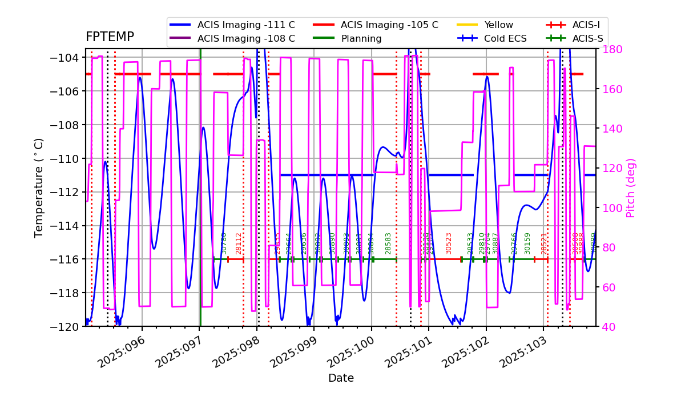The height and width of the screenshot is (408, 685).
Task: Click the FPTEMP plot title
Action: tap(110, 37)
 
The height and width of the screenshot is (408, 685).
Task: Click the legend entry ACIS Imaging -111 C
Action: tap(246, 25)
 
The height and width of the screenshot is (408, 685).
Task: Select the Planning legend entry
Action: tap(361, 39)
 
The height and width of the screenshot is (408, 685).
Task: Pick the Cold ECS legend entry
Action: tap(505, 39)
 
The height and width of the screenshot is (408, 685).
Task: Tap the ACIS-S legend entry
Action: tap(587, 39)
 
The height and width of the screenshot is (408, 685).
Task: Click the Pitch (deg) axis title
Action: tap(631, 187)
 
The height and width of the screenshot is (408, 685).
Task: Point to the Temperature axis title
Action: tap(39, 187)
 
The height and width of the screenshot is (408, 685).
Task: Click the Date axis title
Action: tap(341, 378)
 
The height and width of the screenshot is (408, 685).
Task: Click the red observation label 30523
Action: tap(449, 243)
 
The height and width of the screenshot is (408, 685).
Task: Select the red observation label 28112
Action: tap(239, 243)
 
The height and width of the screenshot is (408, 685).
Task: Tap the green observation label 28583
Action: tap(388, 243)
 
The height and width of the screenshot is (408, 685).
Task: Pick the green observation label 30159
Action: tap(527, 243)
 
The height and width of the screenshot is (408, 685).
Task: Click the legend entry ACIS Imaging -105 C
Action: tap(389, 25)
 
